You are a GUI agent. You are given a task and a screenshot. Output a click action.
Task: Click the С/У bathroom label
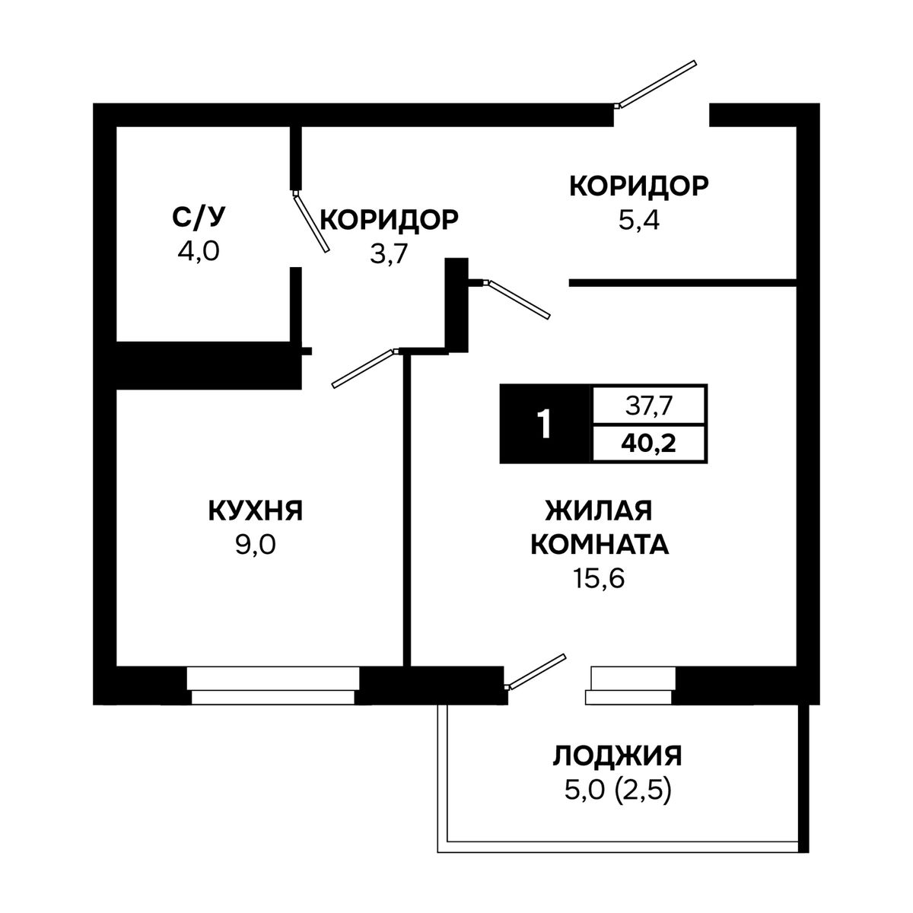click(198, 218)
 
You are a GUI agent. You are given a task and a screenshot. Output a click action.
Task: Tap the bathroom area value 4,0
click(199, 251)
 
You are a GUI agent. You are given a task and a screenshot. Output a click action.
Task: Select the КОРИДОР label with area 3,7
click(390, 220)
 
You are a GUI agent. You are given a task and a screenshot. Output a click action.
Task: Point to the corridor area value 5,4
click(638, 221)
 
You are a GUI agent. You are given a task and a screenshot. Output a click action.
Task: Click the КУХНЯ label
click(256, 511)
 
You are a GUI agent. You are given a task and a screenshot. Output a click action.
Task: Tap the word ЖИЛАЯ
click(599, 511)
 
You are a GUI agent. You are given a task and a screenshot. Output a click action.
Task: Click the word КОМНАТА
click(600, 545)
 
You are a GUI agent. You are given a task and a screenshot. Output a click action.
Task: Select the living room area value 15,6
click(600, 578)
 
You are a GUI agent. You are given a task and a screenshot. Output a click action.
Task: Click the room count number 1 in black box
click(545, 424)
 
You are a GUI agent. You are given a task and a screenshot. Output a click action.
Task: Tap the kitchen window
click(273, 686)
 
